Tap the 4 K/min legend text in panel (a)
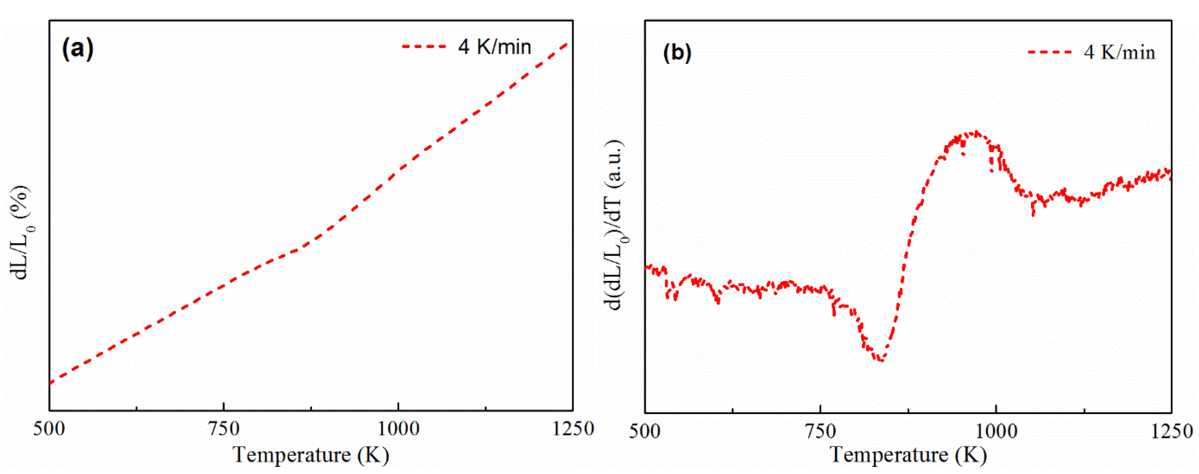494,47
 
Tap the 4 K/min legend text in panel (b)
1119,52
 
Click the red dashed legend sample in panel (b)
1050,52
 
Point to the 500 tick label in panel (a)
49,429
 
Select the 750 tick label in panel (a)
224,429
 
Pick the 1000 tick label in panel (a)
398,429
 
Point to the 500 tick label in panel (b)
645,432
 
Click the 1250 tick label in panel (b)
1171,432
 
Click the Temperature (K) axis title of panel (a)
311,455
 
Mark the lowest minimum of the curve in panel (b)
880,360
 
